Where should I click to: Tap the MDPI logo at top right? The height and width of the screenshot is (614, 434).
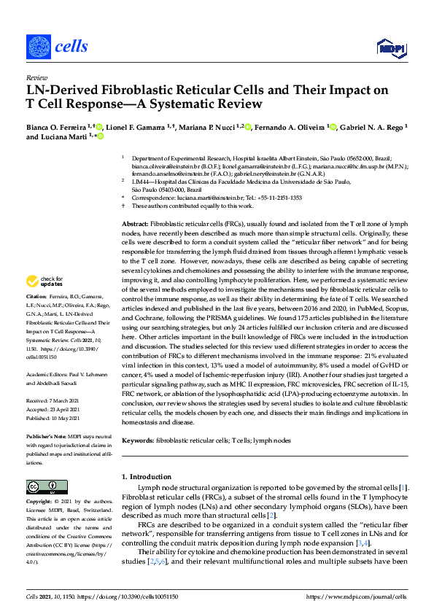391,48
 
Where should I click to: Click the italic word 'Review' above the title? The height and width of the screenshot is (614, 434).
36,77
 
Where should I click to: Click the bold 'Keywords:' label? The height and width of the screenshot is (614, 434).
136,441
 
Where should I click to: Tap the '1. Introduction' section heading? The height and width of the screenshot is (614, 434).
146,476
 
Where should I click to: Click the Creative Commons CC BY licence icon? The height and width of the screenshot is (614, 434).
42,486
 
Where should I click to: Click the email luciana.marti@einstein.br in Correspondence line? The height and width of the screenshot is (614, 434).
221,197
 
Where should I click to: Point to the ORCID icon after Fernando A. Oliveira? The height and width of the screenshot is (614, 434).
333,127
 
